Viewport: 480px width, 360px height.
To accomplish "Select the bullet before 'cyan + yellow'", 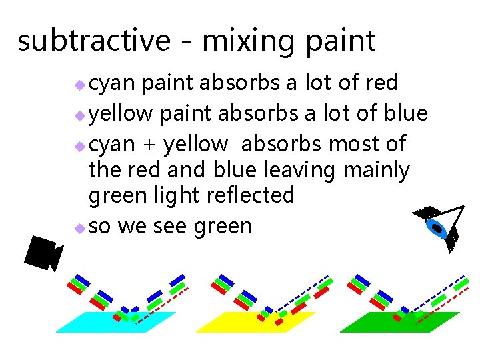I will (79, 146).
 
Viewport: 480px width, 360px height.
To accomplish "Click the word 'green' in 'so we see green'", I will (223, 227).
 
